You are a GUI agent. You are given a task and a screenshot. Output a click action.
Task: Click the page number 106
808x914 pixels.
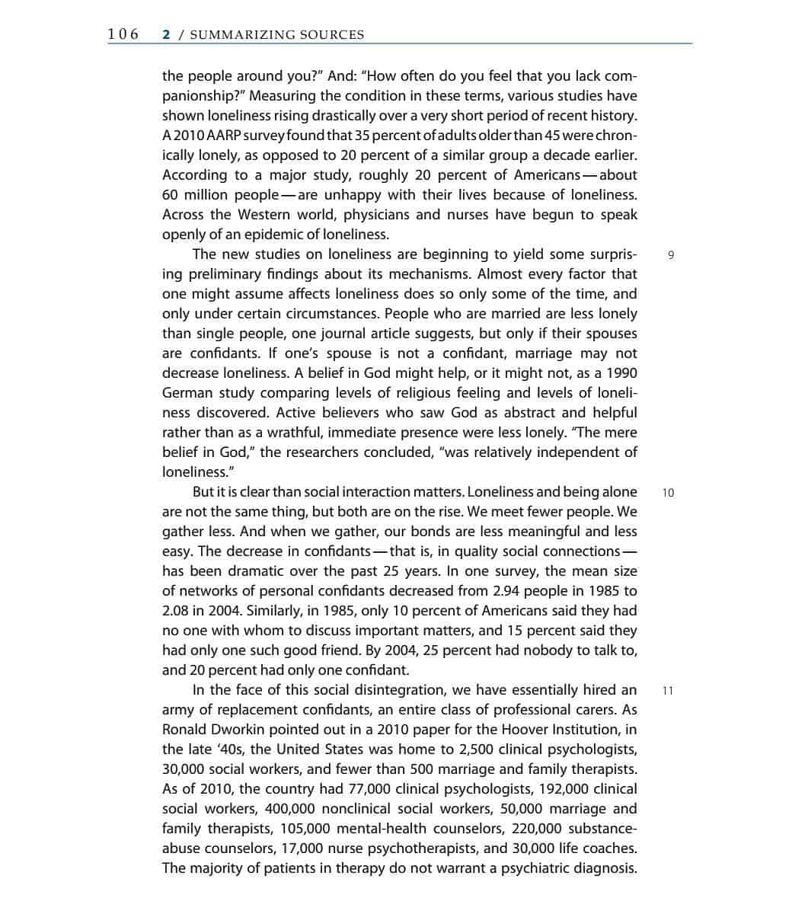123,34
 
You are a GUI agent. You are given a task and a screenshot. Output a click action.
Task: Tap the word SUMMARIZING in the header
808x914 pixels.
242,35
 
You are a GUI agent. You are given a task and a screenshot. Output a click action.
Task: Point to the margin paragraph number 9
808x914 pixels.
670,255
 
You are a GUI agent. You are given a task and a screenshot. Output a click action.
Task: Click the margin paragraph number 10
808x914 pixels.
668,493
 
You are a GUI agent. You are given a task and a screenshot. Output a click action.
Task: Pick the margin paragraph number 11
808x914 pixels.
668,691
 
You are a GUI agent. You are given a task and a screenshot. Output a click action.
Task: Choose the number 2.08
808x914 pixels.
177,611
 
